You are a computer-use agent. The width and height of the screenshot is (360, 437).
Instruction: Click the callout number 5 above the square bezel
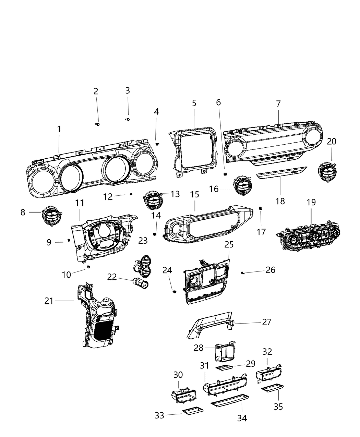(x=194, y=103)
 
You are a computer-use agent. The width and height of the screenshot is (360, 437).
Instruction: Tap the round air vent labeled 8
(x=51, y=217)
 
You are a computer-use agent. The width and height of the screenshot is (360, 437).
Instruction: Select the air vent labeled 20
(x=327, y=171)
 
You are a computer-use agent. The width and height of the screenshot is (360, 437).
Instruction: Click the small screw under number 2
(x=97, y=124)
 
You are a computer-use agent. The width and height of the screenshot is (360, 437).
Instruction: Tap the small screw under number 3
(x=128, y=120)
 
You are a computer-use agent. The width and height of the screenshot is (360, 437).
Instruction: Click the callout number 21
(x=49, y=301)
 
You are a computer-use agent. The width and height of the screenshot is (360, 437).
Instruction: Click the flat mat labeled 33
(x=193, y=411)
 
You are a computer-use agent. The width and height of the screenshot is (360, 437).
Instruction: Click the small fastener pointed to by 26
(x=243, y=272)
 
